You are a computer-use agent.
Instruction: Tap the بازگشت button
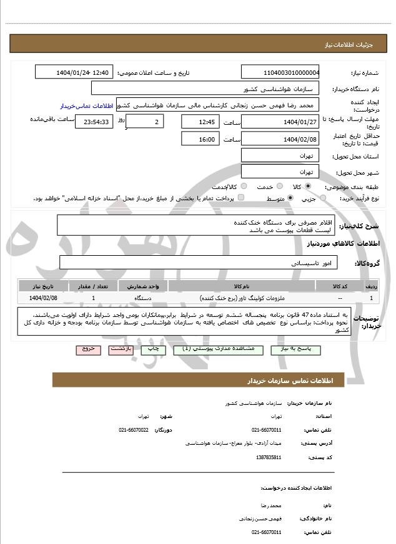pos(121,349)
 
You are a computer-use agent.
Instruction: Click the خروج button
pos(87,349)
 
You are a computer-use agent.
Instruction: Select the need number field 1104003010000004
pos(280,72)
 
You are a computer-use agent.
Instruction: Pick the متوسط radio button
pos(290,198)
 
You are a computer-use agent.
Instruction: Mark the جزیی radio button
pos(323,198)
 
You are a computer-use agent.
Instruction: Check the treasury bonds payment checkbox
pos(241,198)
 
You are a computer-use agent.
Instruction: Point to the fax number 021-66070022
pos(134,430)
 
